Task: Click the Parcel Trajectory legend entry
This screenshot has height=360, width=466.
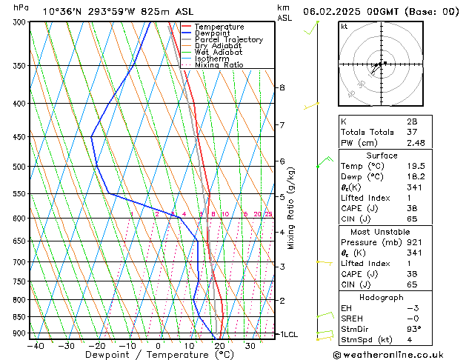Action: coord(228,39)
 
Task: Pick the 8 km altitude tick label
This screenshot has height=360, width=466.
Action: coord(282,87)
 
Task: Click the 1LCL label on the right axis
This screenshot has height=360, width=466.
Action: coord(287,335)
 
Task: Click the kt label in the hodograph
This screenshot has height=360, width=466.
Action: coord(344,27)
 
